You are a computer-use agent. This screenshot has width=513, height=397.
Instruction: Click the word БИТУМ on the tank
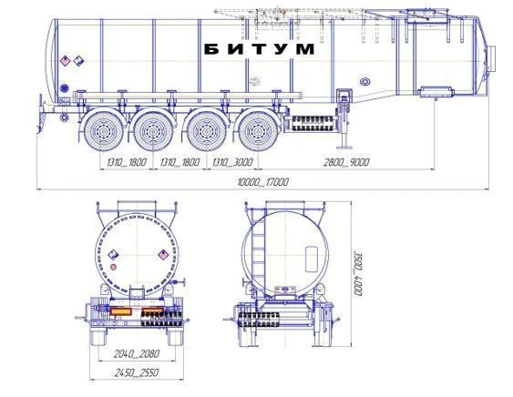pos(259,49)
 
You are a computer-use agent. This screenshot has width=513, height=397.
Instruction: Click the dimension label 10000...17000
pos(263,182)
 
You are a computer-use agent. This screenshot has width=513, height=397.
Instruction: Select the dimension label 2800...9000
pos(346,162)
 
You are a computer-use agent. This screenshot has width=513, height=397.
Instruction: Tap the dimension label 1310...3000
pos(232,162)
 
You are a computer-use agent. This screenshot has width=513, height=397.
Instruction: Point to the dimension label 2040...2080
pos(137,353)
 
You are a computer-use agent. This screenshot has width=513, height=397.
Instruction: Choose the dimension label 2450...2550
pos(137,372)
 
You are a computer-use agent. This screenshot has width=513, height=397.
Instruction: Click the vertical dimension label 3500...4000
pos(358,273)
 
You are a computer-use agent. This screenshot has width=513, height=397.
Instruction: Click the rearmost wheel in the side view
pos(104,131)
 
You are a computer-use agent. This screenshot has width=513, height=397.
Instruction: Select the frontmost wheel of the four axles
pos(258,131)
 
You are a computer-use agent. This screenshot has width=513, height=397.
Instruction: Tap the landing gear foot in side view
pos(344,147)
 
